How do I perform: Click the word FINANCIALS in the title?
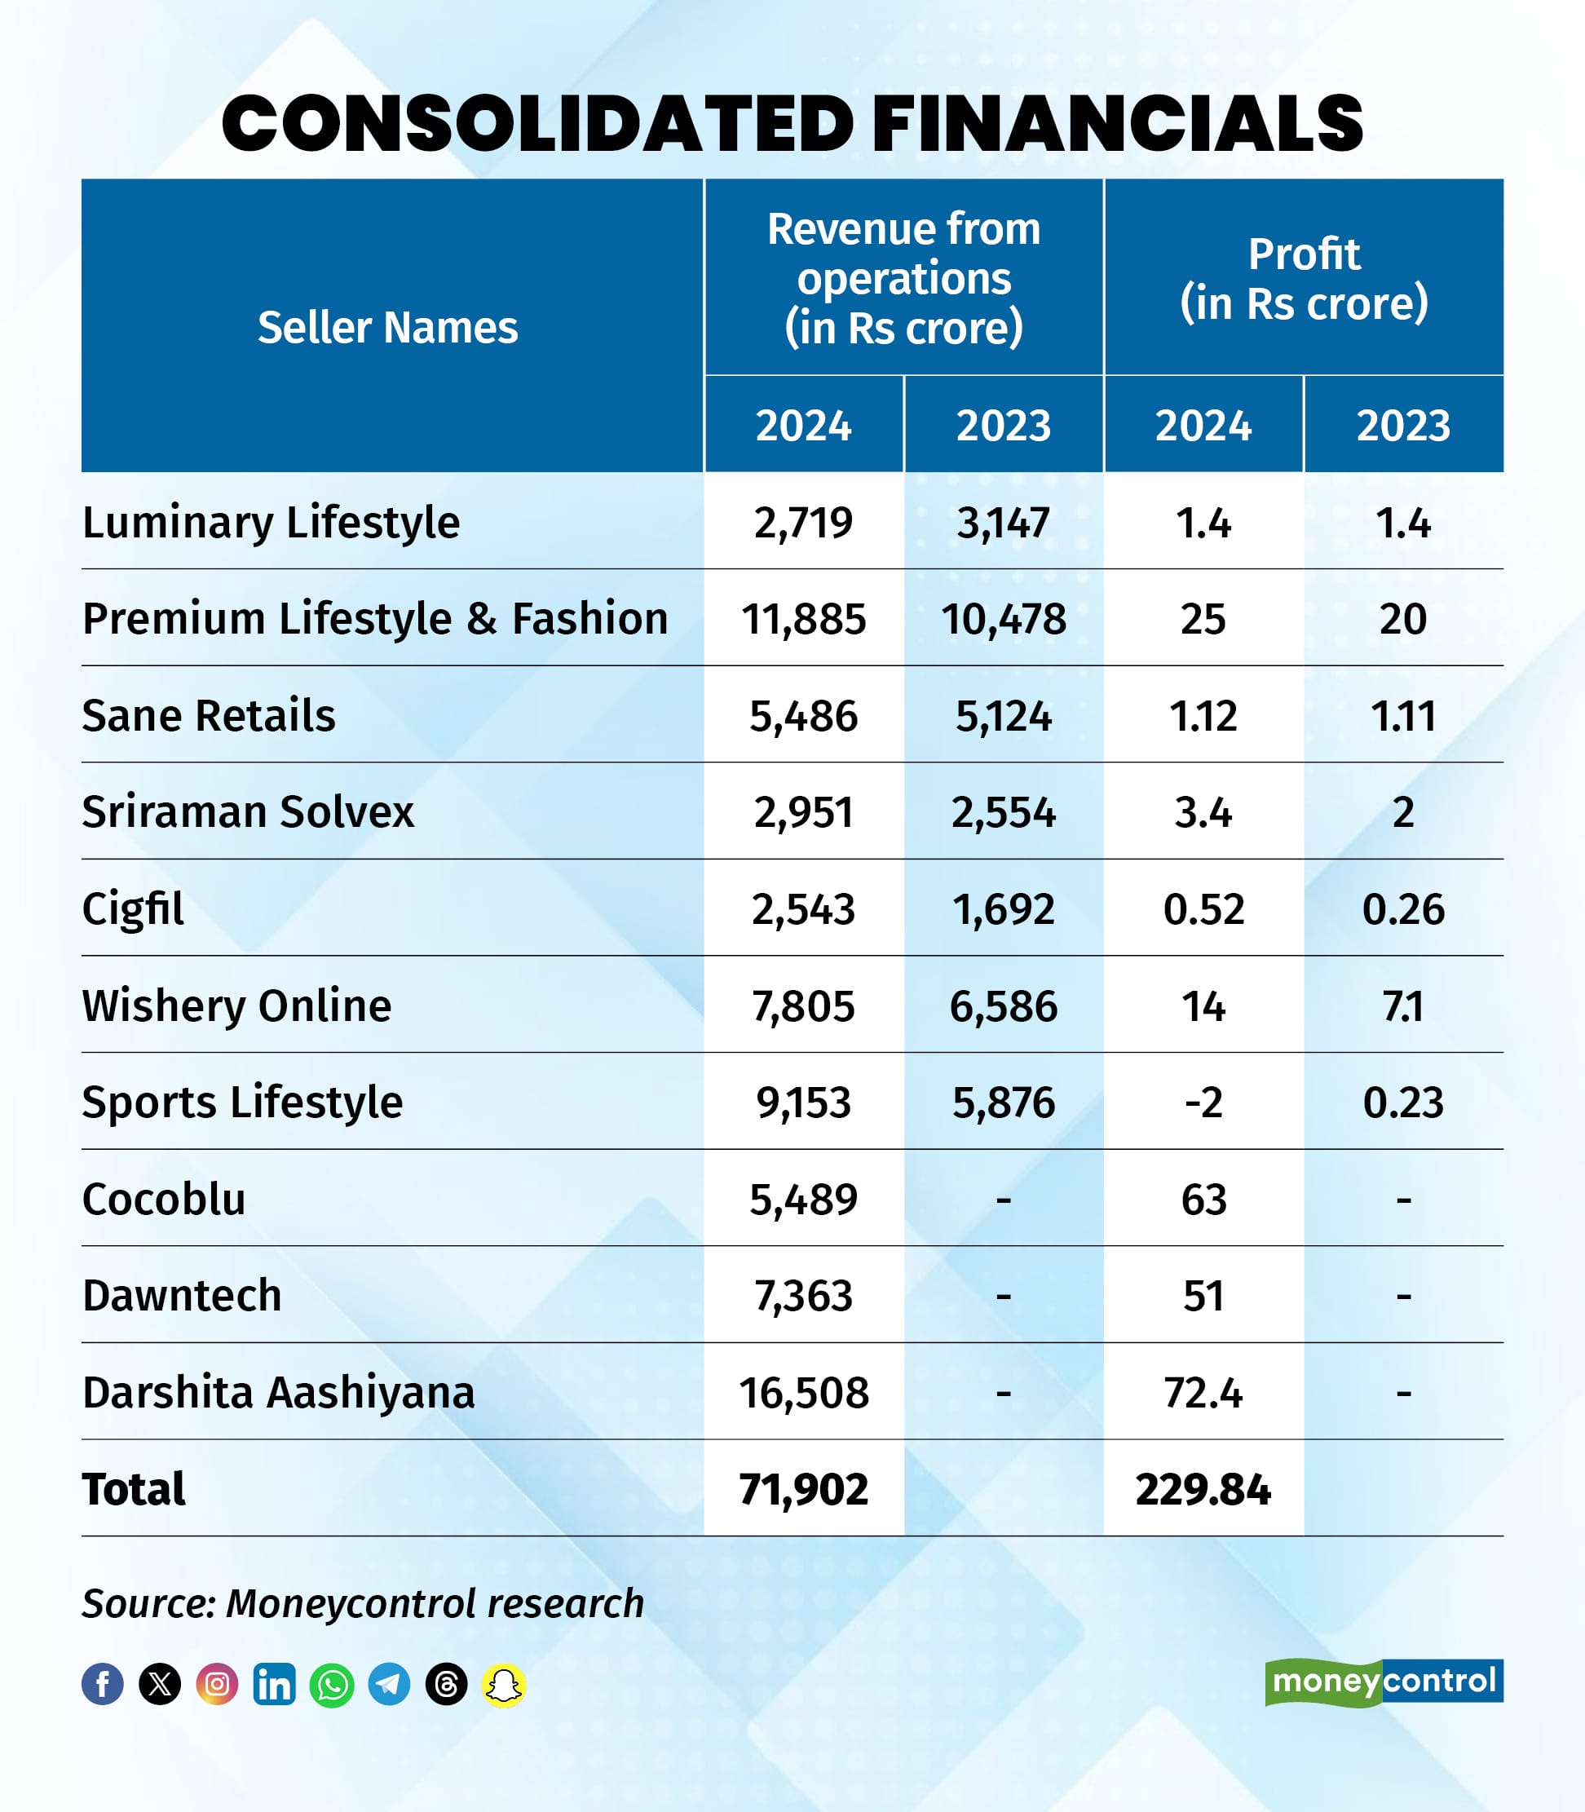(x=1116, y=124)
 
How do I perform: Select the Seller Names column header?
(x=387, y=327)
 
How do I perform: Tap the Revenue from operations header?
(x=903, y=278)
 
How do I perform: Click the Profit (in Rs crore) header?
(x=1304, y=278)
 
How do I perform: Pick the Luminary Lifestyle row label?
(x=271, y=522)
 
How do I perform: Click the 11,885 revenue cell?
(x=803, y=618)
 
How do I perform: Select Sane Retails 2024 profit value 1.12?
(x=1203, y=715)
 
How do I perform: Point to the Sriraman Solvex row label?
(x=248, y=811)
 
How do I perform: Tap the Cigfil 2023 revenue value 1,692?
(x=1003, y=908)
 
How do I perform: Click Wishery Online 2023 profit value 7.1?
(x=1403, y=1006)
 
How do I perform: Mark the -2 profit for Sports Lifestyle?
(x=1203, y=1103)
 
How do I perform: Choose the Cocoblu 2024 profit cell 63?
(x=1203, y=1199)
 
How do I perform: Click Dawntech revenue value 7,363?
(x=803, y=1295)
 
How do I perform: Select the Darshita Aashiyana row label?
(x=279, y=1393)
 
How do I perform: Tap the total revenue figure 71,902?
(x=803, y=1489)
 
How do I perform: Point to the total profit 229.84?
(x=1203, y=1489)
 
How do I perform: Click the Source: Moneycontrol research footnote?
(x=363, y=1603)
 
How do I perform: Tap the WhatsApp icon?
(x=332, y=1685)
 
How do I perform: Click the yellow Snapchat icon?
(x=503, y=1685)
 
